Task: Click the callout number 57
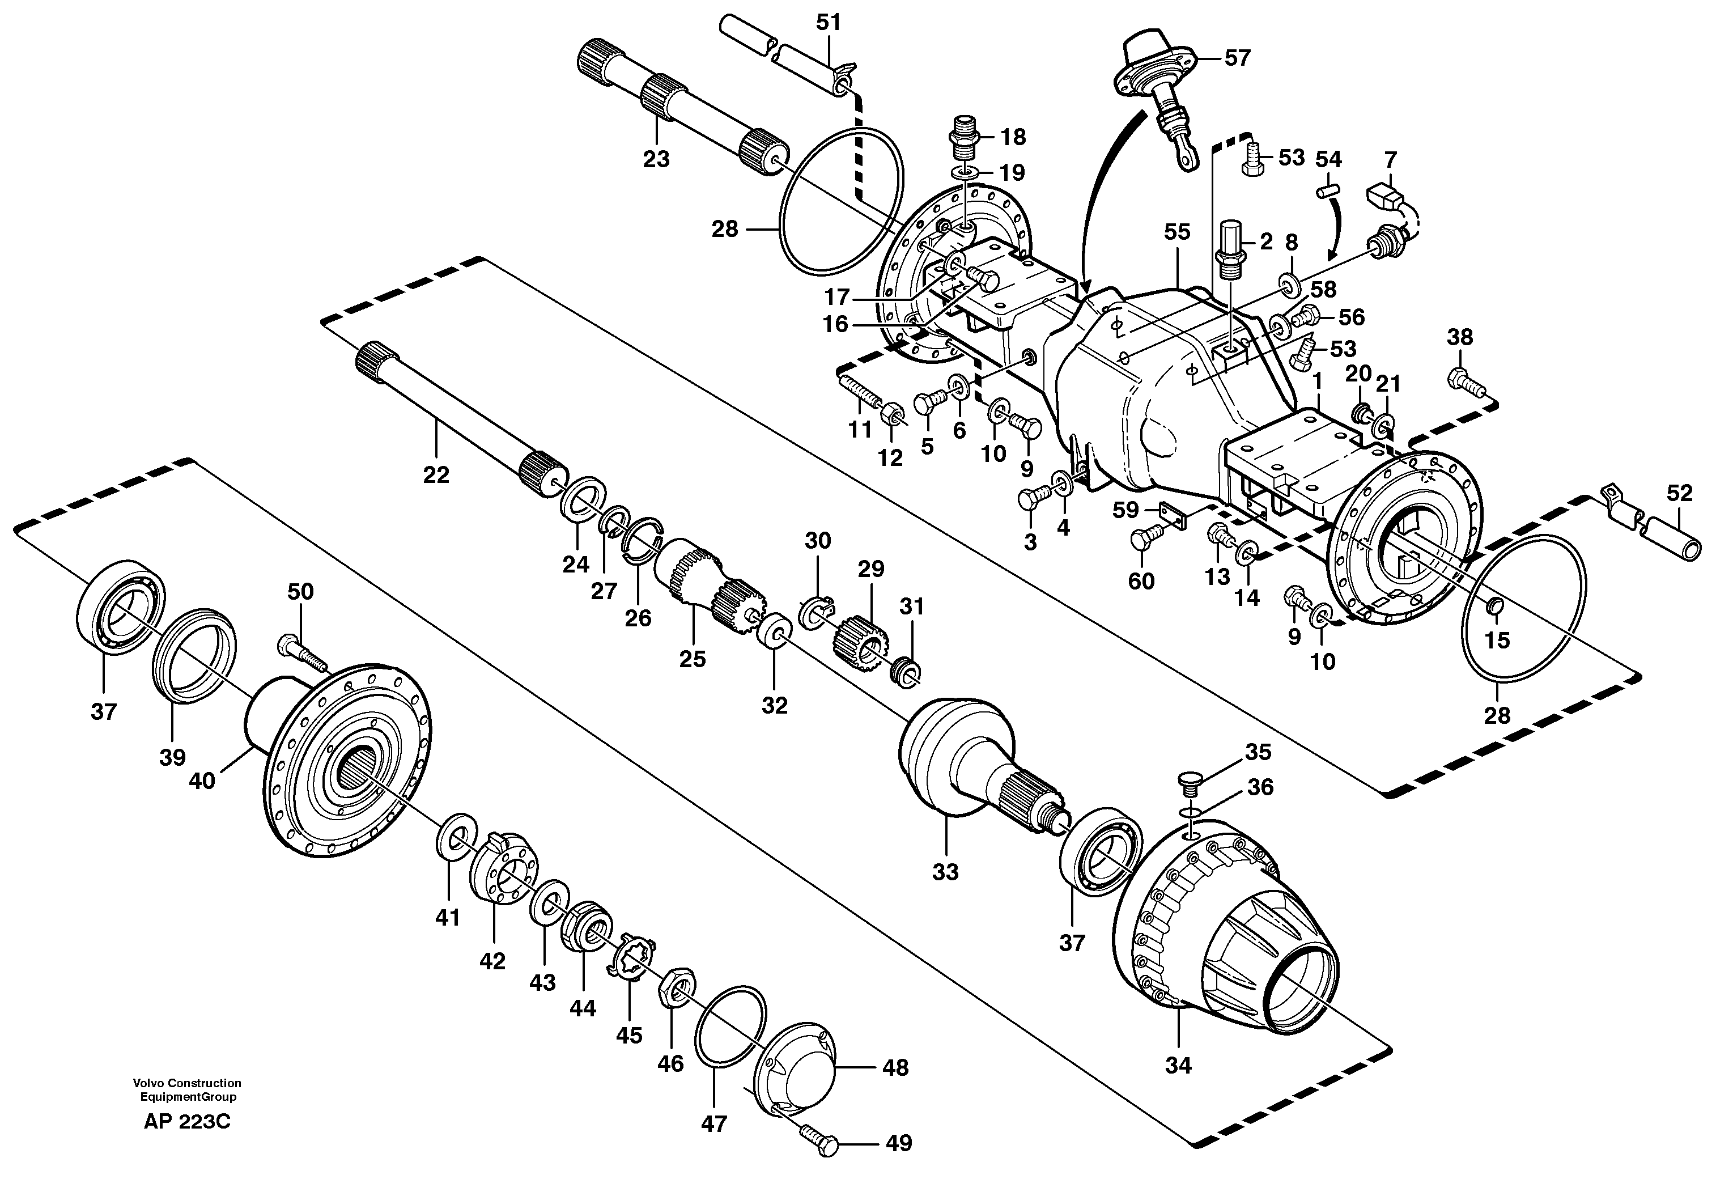[1237, 58]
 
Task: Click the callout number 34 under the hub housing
[1178, 1065]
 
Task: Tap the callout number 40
[202, 781]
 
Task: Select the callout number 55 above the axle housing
[1176, 232]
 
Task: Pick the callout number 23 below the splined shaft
[656, 159]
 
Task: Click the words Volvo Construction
[187, 1083]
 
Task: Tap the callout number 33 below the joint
[945, 872]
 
